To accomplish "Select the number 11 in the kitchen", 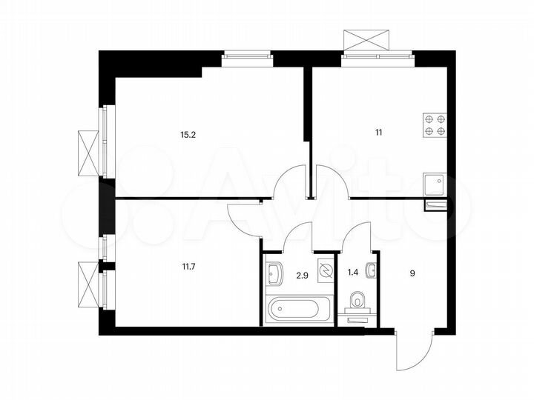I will point(378,133).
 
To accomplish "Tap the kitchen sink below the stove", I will point(434,182).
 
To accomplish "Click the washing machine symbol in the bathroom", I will point(324,270).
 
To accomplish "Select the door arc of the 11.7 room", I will point(243,218).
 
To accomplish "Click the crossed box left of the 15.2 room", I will point(88,153).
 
